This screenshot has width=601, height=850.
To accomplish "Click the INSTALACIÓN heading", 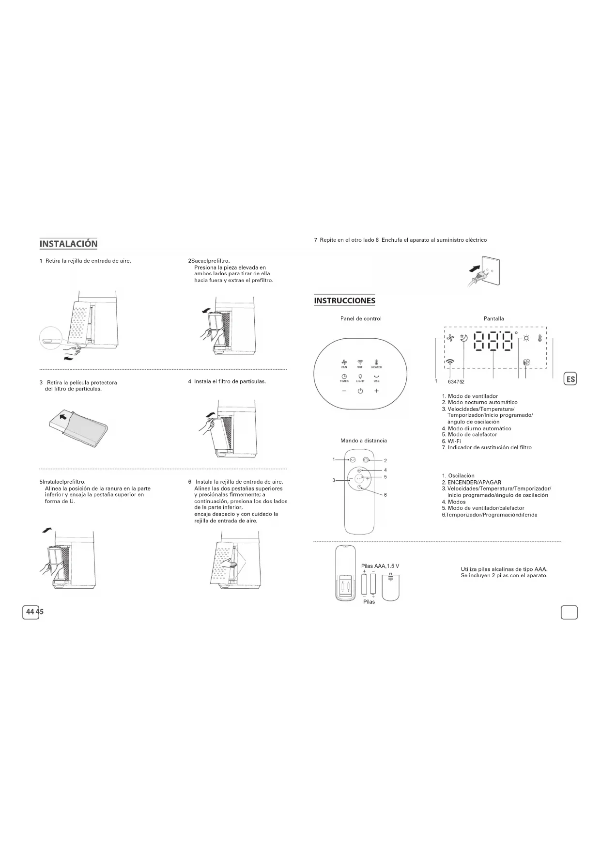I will (x=68, y=244).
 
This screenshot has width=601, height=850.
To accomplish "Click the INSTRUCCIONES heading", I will (x=344, y=300).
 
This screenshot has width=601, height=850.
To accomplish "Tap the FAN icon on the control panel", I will (x=344, y=362).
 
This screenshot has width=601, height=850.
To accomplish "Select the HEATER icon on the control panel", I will (x=376, y=362).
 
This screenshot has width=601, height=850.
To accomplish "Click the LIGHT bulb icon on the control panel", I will (x=360, y=377).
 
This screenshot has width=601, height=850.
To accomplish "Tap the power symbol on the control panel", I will (x=360, y=392).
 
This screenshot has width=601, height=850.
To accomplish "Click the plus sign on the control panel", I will (x=376, y=391).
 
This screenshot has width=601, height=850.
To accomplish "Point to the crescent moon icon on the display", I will (x=464, y=339).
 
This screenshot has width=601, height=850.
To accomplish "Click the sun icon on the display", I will (x=526, y=339).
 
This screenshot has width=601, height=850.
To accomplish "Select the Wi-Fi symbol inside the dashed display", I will (x=450, y=362).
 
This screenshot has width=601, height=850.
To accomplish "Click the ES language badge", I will (x=570, y=379).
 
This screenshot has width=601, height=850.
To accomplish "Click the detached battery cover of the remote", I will (x=391, y=587).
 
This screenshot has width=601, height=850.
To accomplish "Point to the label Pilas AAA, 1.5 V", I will (x=380, y=566).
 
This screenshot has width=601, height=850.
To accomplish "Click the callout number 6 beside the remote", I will (x=385, y=495).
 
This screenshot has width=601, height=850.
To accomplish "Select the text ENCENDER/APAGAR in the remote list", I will (x=474, y=482).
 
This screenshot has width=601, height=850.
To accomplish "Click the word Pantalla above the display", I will (x=493, y=318).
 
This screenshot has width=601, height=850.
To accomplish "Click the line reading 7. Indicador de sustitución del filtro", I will (x=487, y=447).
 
